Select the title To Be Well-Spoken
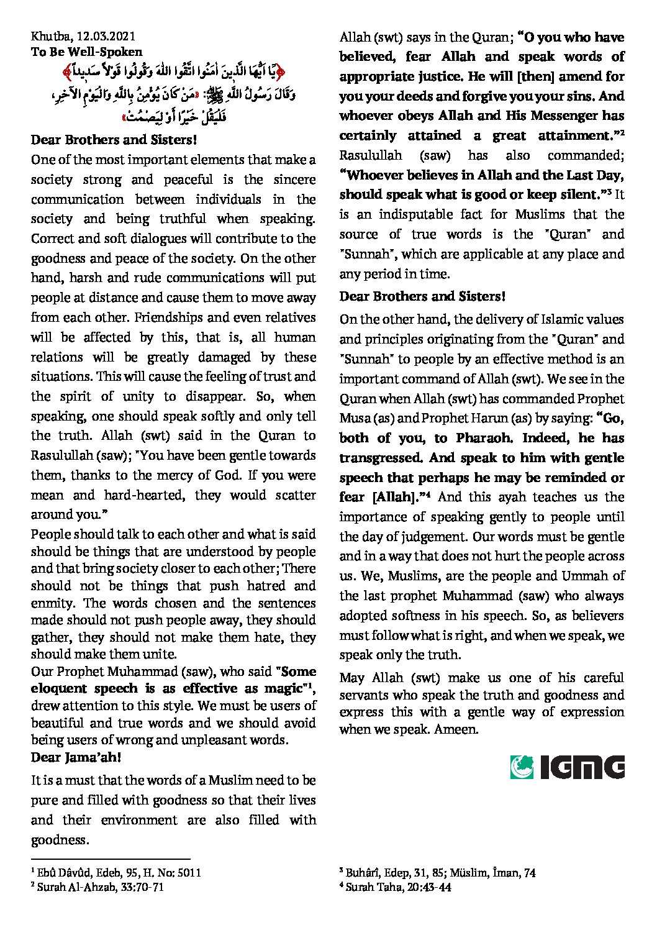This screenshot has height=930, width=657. (86, 52)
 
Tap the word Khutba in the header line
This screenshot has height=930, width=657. (47, 37)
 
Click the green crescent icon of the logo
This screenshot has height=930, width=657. (522, 767)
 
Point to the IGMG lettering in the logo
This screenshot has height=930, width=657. (582, 767)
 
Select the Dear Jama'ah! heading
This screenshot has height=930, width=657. (76, 757)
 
